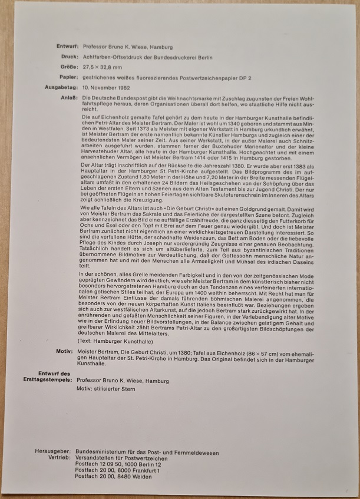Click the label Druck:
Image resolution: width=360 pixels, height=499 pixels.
coord(67,57)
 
